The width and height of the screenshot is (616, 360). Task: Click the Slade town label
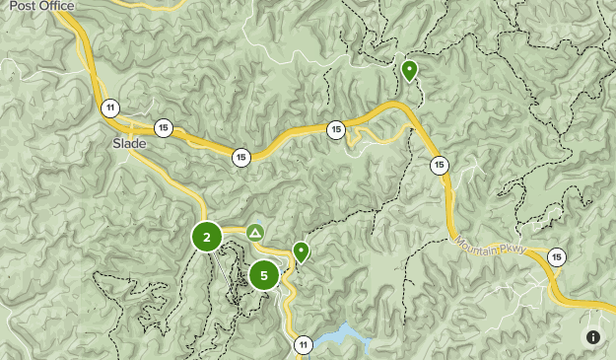(129, 144)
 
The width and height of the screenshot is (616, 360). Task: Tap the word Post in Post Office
(24, 6)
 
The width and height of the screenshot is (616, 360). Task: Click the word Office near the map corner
(56, 6)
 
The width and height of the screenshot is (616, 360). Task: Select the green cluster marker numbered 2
(206, 237)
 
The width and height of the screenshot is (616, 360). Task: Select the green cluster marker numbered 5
(263, 276)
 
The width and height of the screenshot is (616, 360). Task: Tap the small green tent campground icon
(255, 233)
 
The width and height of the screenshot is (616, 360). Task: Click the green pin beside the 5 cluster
(301, 252)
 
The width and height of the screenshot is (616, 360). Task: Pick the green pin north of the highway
(409, 70)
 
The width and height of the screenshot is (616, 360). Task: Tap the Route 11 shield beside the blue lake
(303, 344)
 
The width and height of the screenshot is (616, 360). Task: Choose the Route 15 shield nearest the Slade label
(163, 127)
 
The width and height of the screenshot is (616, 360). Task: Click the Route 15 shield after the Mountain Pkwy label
(557, 257)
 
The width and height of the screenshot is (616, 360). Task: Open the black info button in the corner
(593, 337)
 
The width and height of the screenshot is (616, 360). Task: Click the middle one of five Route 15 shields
(336, 129)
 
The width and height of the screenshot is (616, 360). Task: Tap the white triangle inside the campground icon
(255, 233)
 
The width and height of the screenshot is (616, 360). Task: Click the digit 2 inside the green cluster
(206, 237)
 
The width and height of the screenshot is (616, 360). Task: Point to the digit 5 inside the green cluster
(263, 276)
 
